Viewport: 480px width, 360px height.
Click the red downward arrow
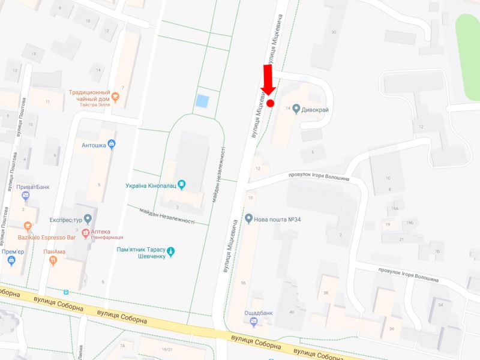tap(268, 80)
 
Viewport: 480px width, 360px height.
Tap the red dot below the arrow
tap(270, 103)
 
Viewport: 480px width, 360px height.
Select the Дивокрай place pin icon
tap(296, 109)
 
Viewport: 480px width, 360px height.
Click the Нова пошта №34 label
tap(277, 219)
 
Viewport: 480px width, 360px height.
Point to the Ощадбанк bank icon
tap(253, 323)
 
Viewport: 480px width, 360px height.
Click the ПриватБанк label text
tap(33, 187)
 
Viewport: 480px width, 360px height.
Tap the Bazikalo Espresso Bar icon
tap(28, 226)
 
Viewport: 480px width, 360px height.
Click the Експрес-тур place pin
tap(88, 218)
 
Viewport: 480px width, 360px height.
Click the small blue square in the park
tap(203, 101)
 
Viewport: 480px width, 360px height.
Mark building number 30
tap(334, 31)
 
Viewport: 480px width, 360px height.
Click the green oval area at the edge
tap(468, 57)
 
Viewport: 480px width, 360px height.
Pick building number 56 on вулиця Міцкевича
tap(243, 283)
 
